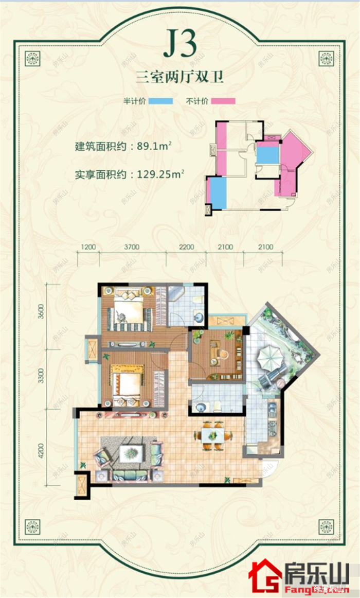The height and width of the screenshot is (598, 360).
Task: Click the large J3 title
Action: pos(180,46)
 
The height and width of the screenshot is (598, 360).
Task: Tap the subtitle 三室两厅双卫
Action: pos(180,79)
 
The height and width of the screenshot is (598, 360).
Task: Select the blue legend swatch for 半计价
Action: pos(160,101)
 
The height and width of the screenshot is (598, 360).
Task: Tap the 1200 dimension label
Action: pos(89,247)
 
